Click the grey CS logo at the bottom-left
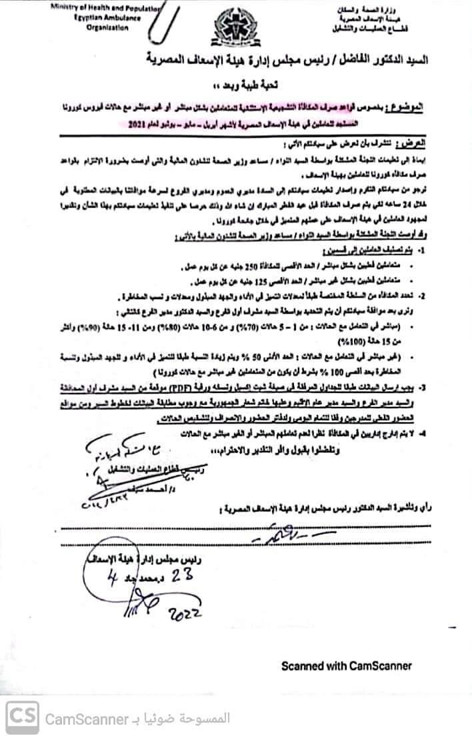(22, 718)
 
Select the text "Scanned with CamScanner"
(346, 665)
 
